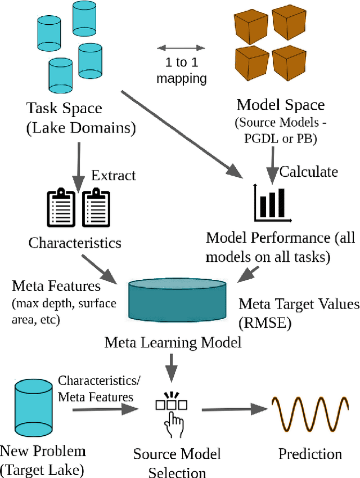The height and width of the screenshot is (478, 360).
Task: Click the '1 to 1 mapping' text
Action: (181, 70)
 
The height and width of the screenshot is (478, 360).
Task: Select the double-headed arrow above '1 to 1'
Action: (181, 47)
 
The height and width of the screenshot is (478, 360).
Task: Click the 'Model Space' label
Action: (280, 104)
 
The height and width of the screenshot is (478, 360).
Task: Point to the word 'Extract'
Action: (114, 175)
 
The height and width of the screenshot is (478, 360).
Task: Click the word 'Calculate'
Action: (309, 171)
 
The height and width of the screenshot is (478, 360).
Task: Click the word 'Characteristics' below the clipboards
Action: (75, 243)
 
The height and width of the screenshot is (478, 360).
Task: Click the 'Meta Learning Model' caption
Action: (173, 342)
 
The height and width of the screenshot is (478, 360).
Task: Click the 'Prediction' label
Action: (310, 454)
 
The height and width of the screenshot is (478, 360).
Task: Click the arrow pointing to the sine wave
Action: (233, 409)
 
